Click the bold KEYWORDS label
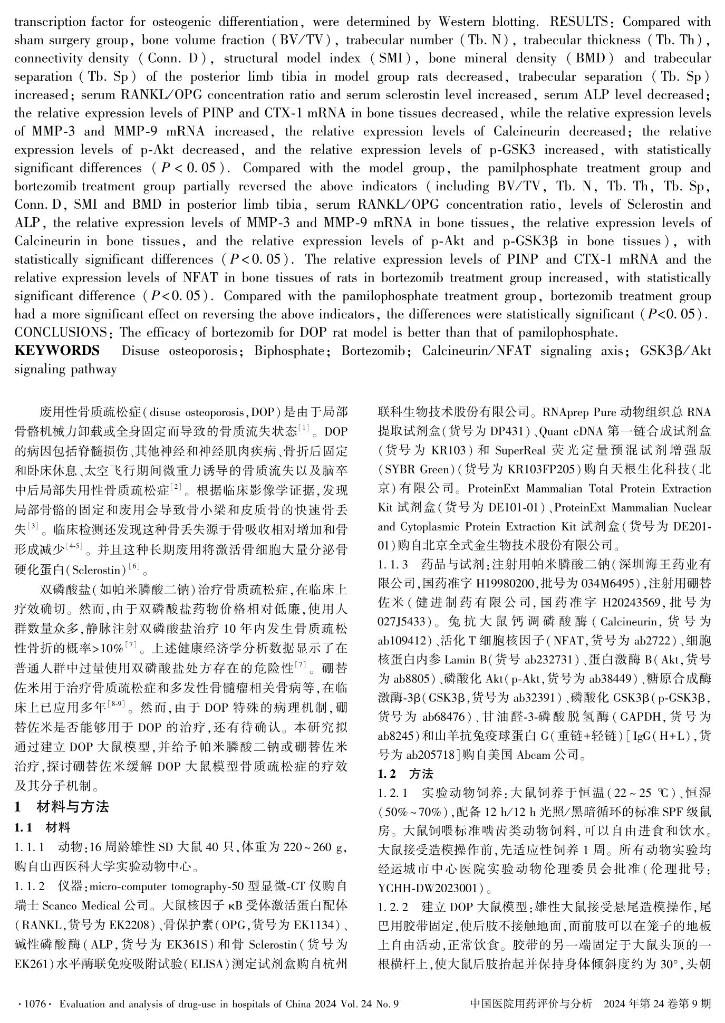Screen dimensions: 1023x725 click(x=57, y=351)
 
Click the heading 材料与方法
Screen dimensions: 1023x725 click(x=73, y=807)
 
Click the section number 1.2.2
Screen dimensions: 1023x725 click(x=393, y=908)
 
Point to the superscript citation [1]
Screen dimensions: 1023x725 click(x=305, y=428)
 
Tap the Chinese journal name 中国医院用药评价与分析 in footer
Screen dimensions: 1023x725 click(x=530, y=1004)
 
